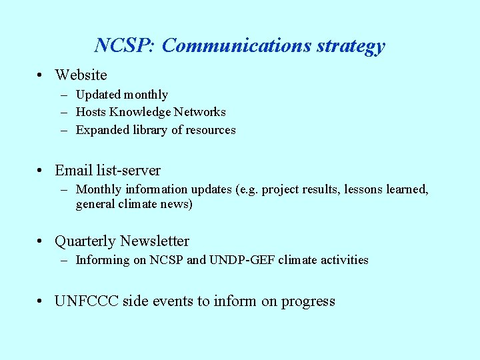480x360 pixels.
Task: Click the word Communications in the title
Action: coord(235,45)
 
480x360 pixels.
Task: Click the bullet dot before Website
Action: coord(41,75)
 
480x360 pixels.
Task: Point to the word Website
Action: coord(81,75)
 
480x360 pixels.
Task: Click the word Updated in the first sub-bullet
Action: coord(97,95)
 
